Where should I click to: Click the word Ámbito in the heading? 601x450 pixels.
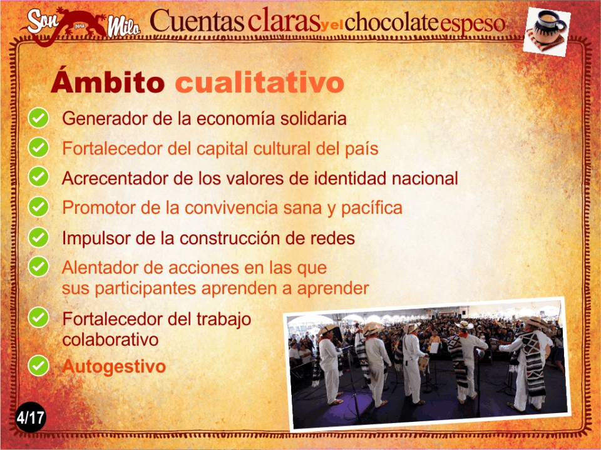(108, 81)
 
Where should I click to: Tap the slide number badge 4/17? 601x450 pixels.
(30, 417)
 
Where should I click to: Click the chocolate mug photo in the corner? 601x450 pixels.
(547, 31)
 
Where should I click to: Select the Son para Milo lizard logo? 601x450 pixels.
(81, 25)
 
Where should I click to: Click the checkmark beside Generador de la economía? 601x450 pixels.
(38, 118)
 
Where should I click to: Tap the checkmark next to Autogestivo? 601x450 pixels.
(38, 366)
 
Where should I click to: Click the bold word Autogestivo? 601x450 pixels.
(114, 367)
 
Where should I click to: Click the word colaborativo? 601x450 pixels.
(110, 340)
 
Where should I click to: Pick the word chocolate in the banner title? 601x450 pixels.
(391, 22)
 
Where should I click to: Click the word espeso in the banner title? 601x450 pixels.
(472, 25)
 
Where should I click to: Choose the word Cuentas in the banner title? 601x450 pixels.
(197, 21)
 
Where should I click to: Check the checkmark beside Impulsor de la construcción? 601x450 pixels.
(38, 237)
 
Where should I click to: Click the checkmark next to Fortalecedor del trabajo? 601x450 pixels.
(38, 317)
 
